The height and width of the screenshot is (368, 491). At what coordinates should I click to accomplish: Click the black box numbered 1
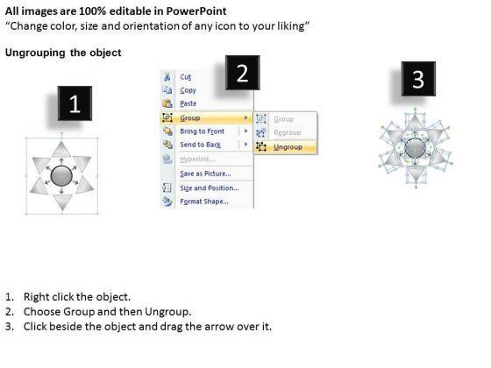pos(75,103)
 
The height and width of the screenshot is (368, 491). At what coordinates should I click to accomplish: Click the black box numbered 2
pos(243,73)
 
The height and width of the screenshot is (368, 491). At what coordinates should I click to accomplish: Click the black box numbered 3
pos(418,79)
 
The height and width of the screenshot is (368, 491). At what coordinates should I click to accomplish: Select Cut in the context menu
pos(185,77)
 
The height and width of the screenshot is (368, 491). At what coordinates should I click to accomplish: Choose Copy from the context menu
pos(188,90)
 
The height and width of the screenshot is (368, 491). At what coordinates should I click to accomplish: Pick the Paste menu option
pos(189,103)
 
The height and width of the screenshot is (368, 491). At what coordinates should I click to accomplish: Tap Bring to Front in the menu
pos(202,131)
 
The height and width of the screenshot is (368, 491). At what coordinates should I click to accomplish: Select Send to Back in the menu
pos(201,145)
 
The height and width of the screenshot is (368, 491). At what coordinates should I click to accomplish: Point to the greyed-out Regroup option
pos(288,132)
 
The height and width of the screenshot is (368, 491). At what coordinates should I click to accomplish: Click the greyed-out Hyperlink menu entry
pos(197,159)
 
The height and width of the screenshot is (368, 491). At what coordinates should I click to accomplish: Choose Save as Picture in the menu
pos(205,173)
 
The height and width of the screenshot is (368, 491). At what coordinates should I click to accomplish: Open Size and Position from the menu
pos(210,188)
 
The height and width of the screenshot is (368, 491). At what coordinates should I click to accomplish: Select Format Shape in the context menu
pos(204,202)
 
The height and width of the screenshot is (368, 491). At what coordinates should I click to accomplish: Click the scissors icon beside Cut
pos(167,77)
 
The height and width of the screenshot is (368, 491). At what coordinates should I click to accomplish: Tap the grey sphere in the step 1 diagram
pos(61,175)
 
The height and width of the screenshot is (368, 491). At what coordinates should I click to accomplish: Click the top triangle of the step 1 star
pos(61,150)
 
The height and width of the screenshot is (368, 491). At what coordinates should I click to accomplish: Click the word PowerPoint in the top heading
pos(196,11)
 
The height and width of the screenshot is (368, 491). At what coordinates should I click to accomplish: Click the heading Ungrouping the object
pos(63,53)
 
